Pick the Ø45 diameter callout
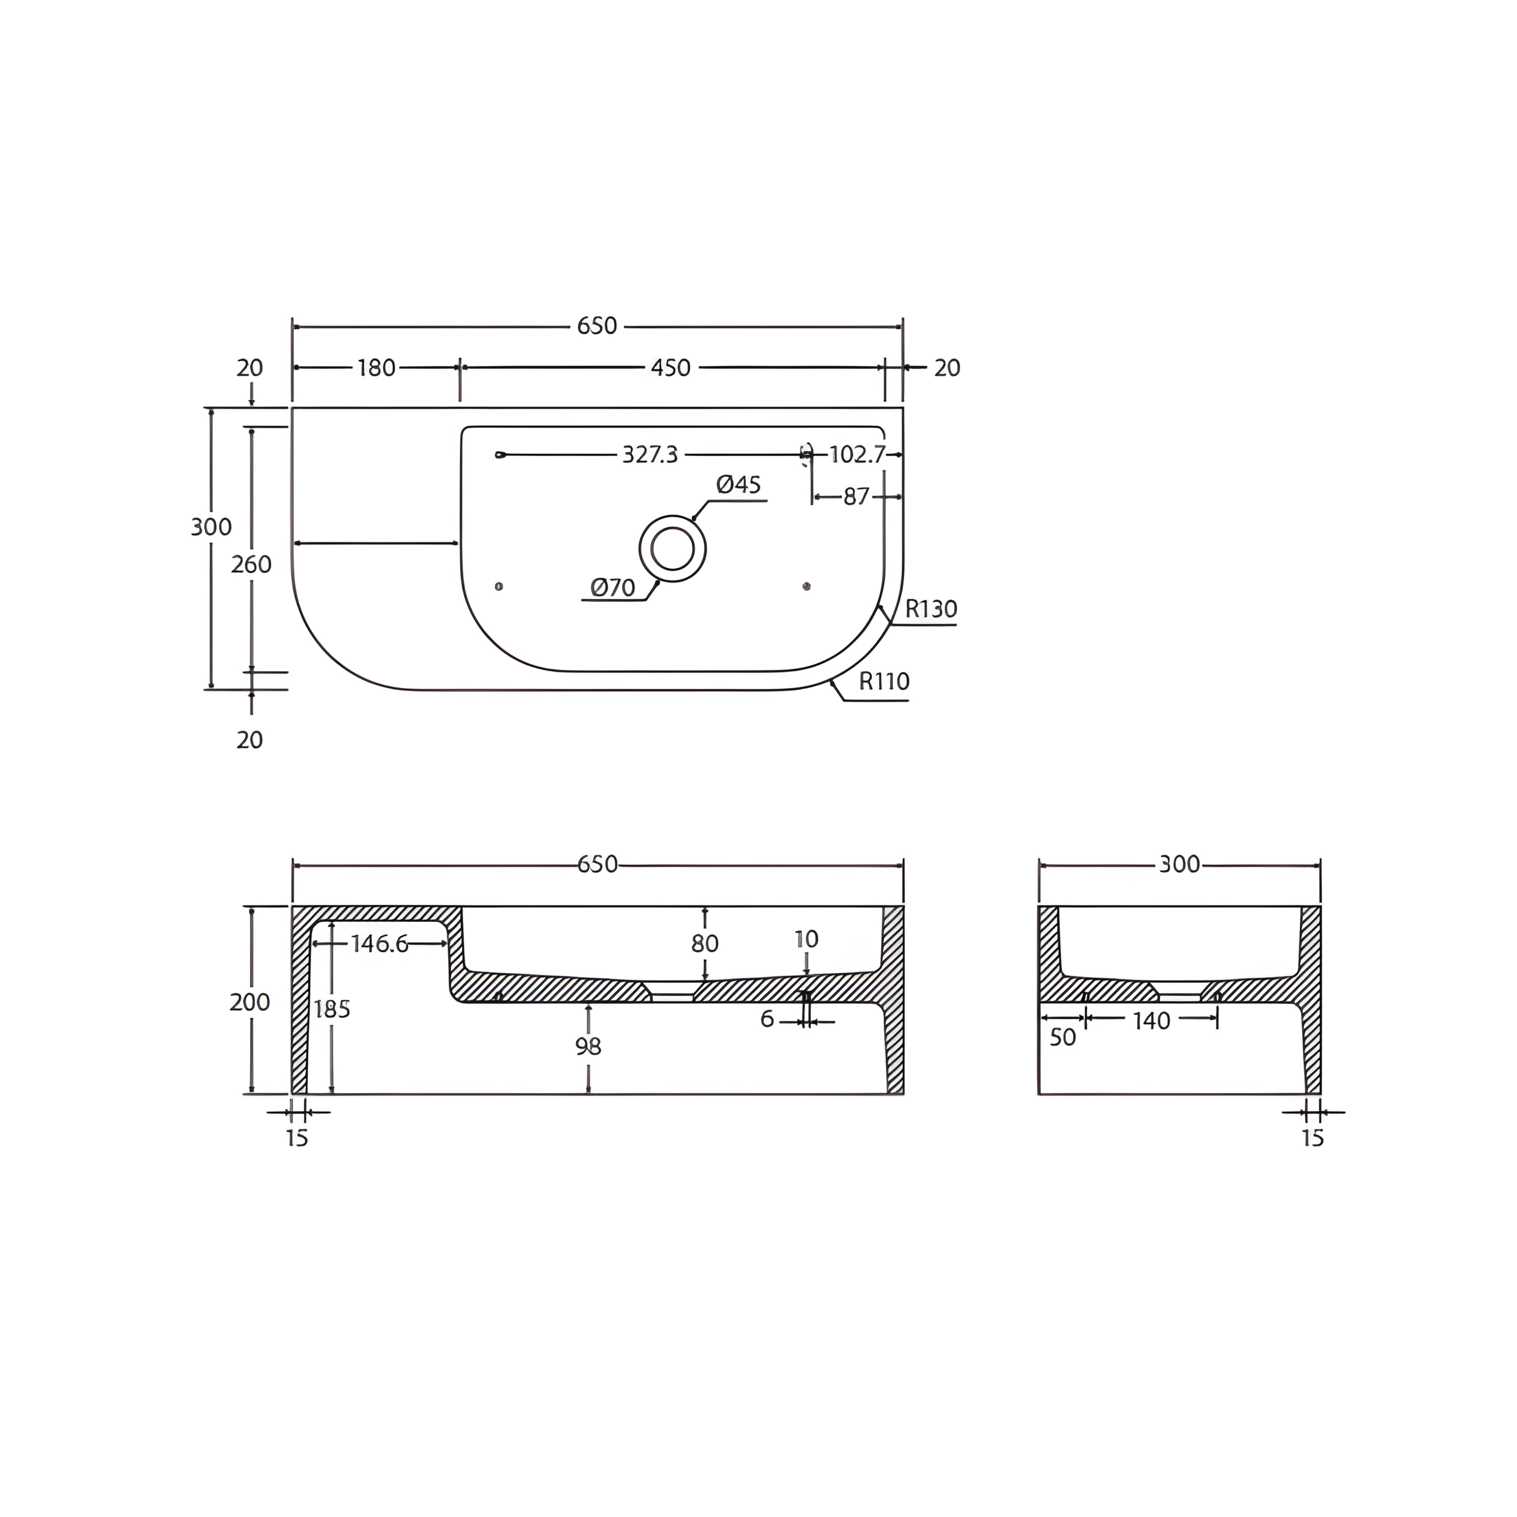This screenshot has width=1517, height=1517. pos(738,484)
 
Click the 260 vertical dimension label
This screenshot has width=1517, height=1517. pos(251,564)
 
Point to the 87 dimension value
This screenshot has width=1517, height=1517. pos(856,497)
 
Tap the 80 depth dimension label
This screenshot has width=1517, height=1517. pos(704,943)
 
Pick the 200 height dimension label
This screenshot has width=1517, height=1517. pos(250,1002)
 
